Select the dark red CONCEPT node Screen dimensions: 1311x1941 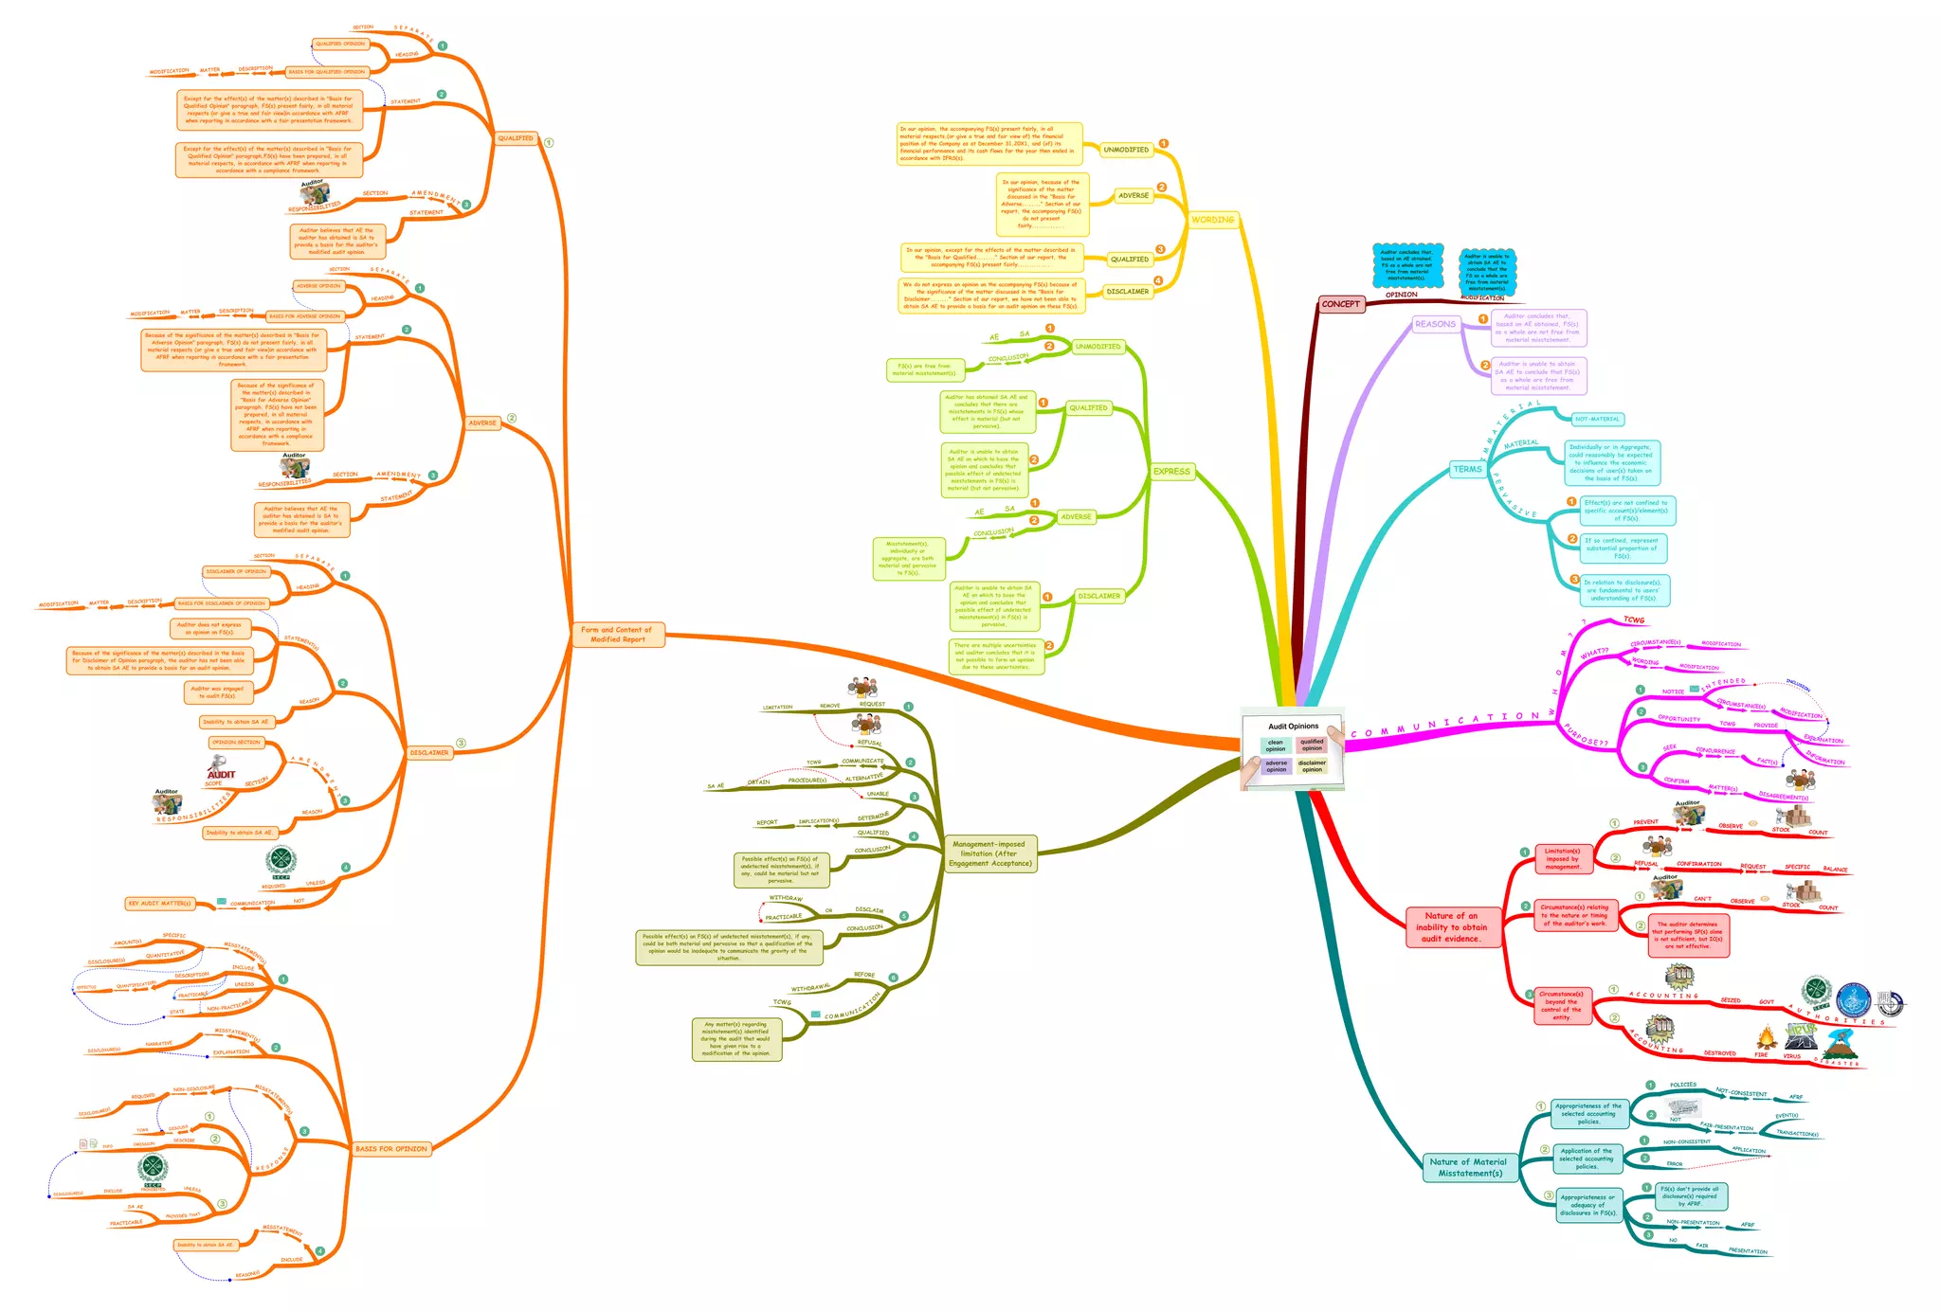(x=1340, y=304)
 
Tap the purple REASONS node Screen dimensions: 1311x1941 (x=1435, y=324)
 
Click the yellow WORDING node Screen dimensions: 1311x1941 (x=1212, y=220)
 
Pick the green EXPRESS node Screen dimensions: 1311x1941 (x=1171, y=471)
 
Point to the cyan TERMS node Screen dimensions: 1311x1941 (x=1467, y=469)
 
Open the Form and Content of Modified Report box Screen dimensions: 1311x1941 (x=617, y=635)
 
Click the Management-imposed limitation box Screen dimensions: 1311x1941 (x=989, y=853)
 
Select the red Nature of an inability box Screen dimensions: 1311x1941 (x=1451, y=927)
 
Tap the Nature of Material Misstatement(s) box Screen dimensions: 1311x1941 (x=1470, y=1167)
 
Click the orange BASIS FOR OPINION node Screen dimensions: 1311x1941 (x=390, y=1149)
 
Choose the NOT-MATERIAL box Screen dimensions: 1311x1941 (x=1597, y=419)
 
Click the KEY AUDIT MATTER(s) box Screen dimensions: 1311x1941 (x=160, y=904)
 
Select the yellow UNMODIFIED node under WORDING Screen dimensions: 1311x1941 (x=1126, y=150)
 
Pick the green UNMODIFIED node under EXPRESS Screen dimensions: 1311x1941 (x=1097, y=347)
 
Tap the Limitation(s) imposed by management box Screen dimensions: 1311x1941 (x=1562, y=858)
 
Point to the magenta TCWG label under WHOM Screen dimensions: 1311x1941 (x=1634, y=620)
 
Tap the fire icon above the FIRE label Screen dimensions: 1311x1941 (x=1765, y=1038)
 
